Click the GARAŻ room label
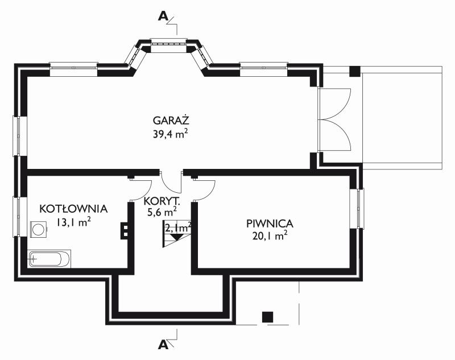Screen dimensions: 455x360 (x=171, y=120)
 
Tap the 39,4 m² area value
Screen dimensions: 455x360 (x=170, y=134)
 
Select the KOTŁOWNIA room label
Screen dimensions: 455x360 (x=73, y=209)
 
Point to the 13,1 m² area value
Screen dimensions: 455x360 (x=73, y=222)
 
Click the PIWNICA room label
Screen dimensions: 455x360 (x=270, y=224)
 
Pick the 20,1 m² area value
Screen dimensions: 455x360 (x=270, y=236)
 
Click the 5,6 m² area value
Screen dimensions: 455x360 (x=162, y=213)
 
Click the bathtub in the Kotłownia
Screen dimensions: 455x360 (x=49, y=259)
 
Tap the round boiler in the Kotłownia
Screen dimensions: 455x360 (x=38, y=229)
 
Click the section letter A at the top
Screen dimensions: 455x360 (x=163, y=16)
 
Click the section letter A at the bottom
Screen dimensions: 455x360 (x=163, y=345)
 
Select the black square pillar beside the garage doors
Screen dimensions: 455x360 (x=354, y=71)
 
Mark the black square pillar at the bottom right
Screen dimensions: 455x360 (x=267, y=317)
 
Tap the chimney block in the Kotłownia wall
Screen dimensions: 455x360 (x=125, y=231)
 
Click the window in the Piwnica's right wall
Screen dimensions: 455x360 (x=357, y=209)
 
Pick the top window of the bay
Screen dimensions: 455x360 (x=168, y=44)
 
